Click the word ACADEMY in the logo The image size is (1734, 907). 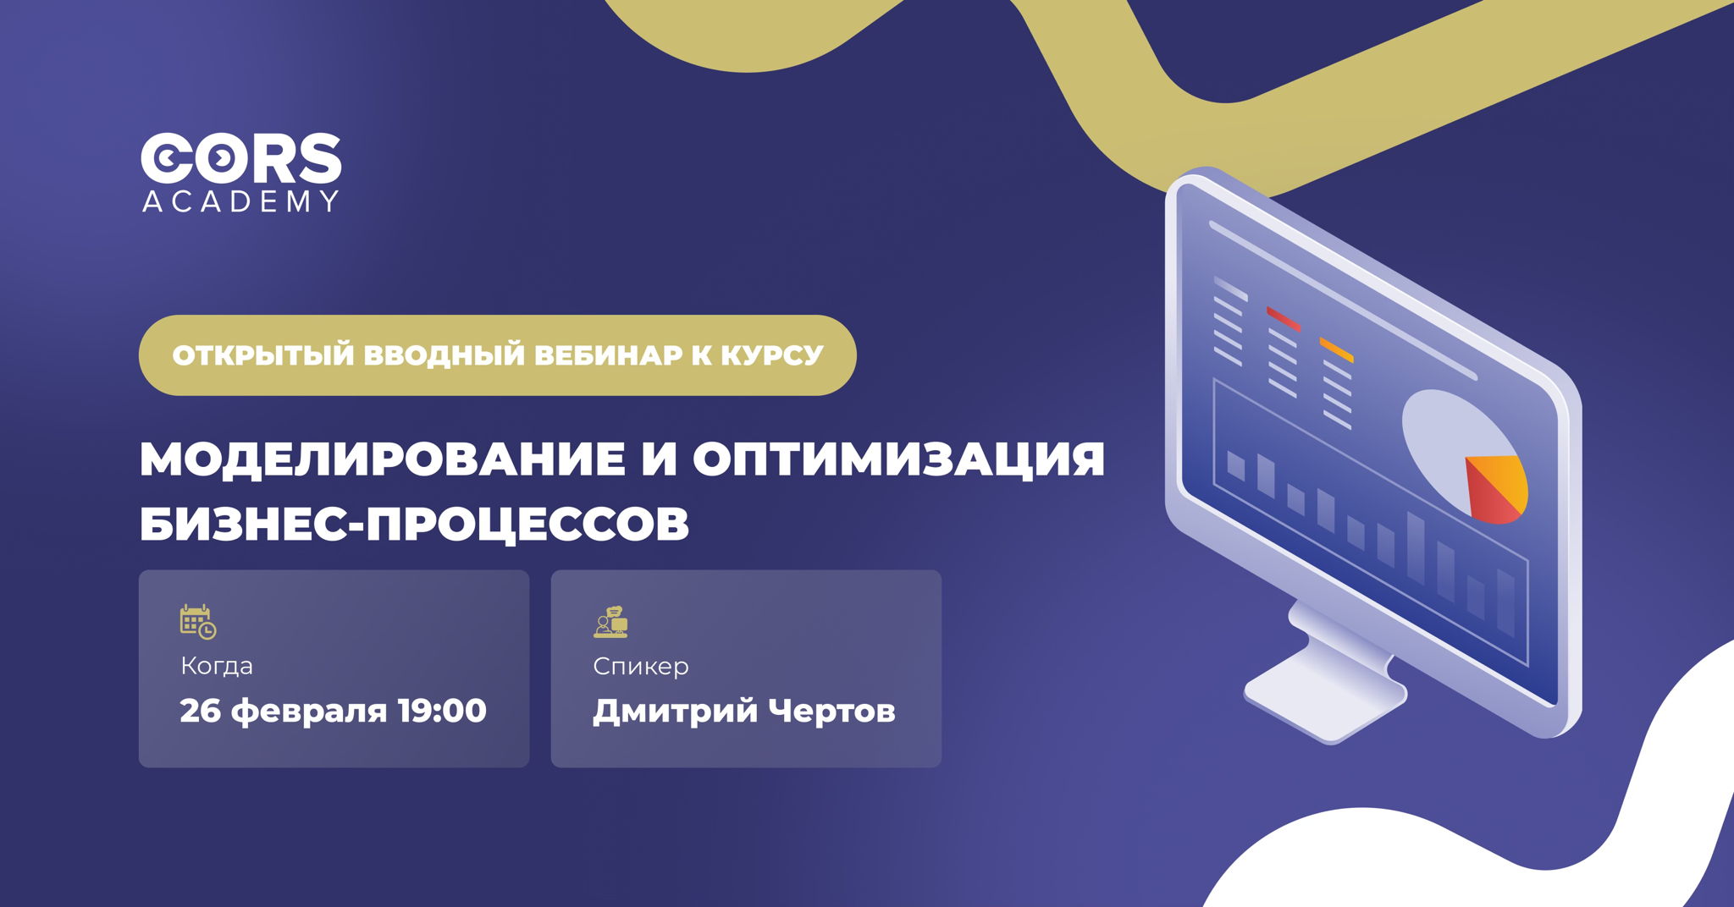point(240,201)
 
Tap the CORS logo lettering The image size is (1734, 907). point(240,158)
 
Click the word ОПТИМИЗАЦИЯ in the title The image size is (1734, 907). point(898,459)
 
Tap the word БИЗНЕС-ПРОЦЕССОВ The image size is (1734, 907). point(414,525)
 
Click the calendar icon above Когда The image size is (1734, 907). point(198,622)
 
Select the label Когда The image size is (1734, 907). point(217,666)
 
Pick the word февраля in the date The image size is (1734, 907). point(308,711)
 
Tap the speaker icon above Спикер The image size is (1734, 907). point(610,622)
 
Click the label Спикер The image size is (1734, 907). point(641,666)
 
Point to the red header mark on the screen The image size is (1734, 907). point(1283,318)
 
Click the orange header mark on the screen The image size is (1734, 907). point(1336,349)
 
